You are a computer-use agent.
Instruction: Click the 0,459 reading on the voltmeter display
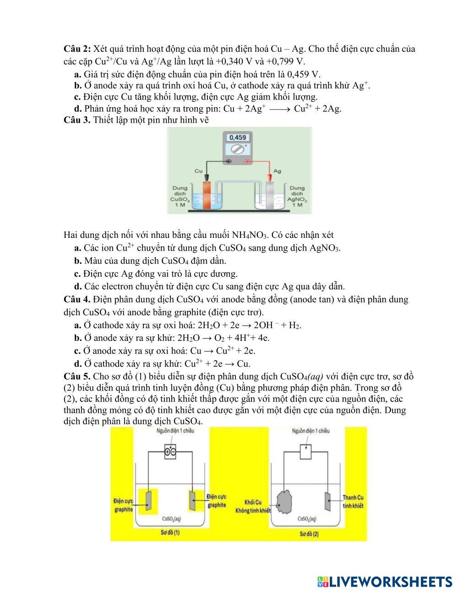(x=237, y=137)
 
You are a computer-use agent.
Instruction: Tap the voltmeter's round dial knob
(x=237, y=149)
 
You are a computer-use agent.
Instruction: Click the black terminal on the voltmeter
(x=229, y=161)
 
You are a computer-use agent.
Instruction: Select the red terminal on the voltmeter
(x=247, y=161)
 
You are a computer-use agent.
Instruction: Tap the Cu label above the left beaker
(x=198, y=171)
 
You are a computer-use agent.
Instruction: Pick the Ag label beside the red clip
(x=277, y=171)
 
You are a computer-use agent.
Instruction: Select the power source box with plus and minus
(x=170, y=452)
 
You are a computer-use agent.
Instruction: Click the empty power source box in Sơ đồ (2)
(x=306, y=452)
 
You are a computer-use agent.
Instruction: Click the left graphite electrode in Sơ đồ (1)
(x=148, y=500)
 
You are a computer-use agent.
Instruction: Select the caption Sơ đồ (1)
(x=170, y=533)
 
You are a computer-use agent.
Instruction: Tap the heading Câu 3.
(x=77, y=120)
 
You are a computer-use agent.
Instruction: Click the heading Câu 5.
(x=77, y=377)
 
